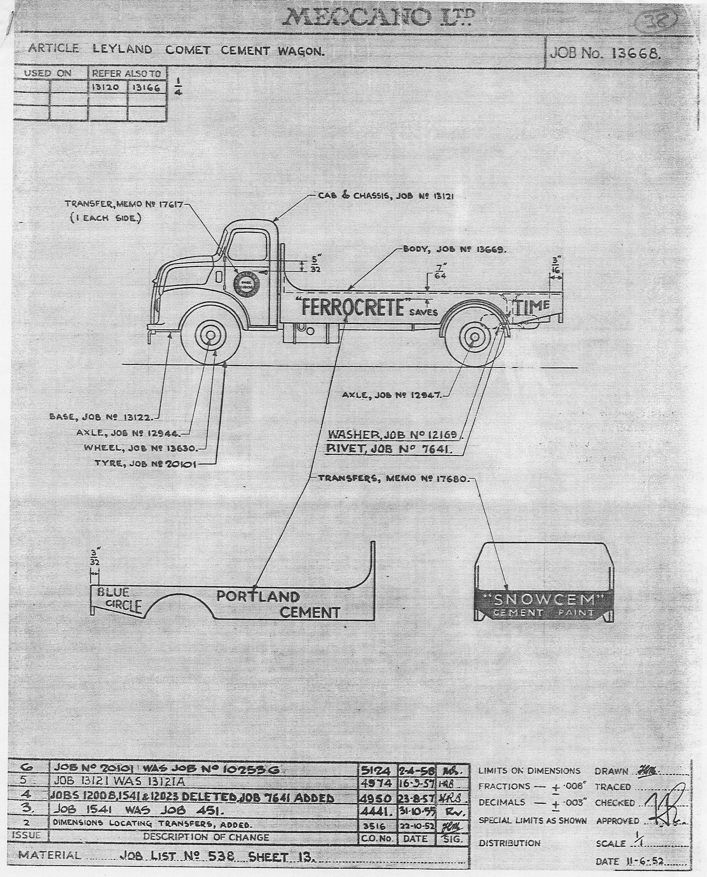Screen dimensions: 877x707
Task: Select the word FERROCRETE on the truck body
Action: coord(352,307)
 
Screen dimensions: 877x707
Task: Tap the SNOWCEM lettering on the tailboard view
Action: coord(544,599)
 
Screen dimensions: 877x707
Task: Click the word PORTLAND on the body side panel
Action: coord(258,596)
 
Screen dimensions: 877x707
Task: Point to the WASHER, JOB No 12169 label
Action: coord(392,435)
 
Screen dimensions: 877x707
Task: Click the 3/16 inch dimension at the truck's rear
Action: coord(557,265)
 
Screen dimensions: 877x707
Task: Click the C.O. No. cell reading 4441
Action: coord(377,812)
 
